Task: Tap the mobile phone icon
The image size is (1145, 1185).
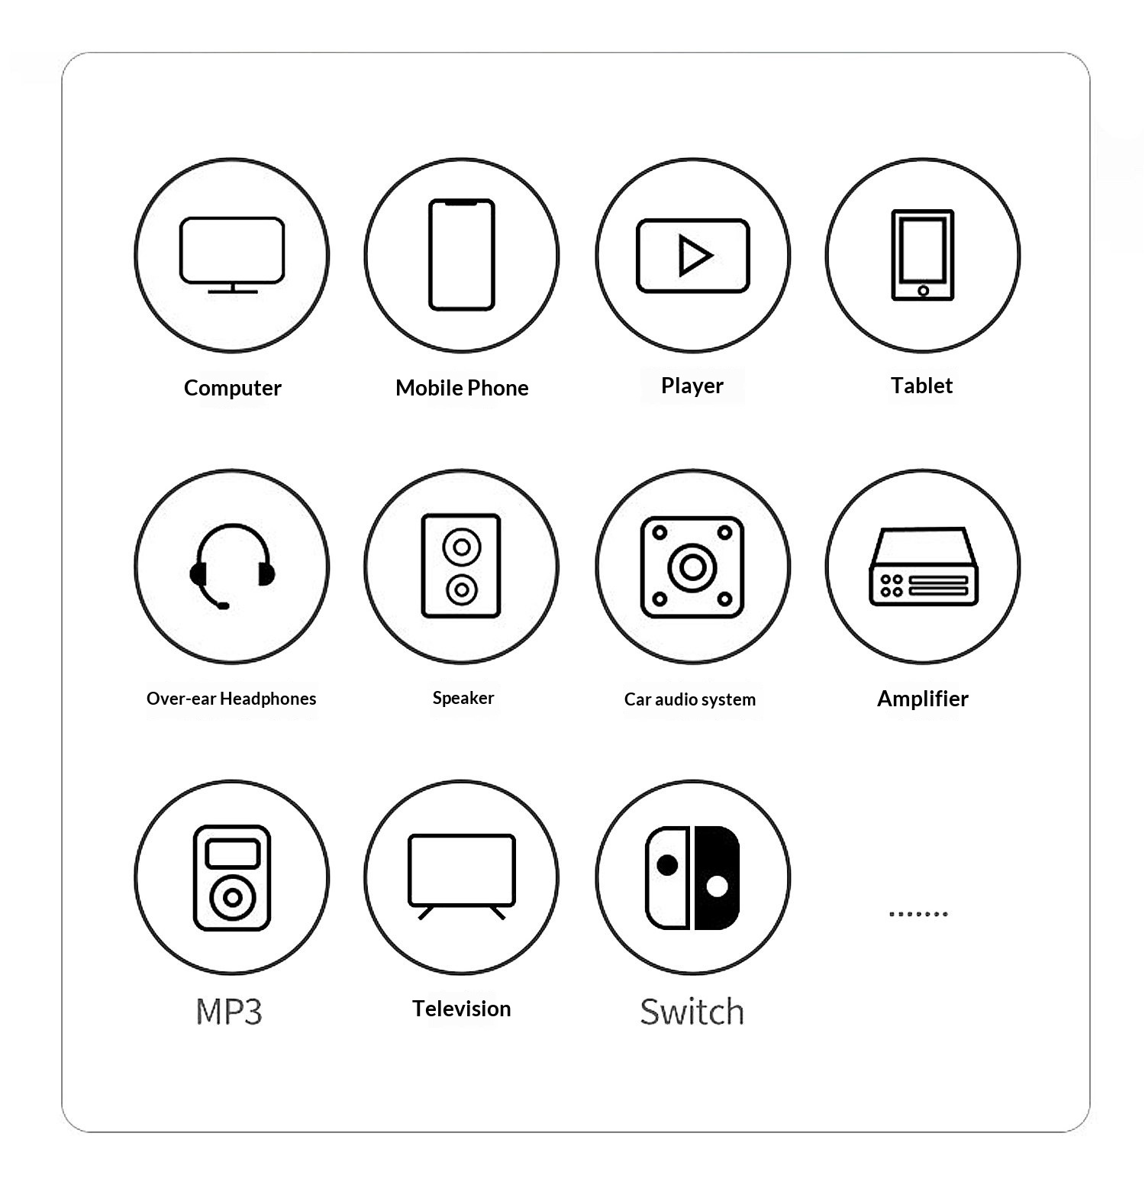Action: tap(462, 255)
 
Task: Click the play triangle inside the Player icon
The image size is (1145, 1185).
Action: tap(695, 255)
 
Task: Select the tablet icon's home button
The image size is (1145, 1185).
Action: tap(924, 290)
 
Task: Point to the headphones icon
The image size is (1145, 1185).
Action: tap(232, 566)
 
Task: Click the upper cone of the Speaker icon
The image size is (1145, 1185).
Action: tap(462, 547)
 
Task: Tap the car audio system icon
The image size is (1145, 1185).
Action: tap(692, 567)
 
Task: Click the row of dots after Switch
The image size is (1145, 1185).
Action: tap(918, 913)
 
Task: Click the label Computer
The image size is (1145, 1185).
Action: tap(233, 388)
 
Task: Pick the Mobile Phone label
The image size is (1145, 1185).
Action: tap(462, 388)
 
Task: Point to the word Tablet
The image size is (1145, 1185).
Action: tap(922, 386)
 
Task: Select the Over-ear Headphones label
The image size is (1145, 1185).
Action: tap(231, 699)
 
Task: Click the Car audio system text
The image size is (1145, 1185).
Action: tap(690, 699)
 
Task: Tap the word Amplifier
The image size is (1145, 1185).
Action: tap(923, 699)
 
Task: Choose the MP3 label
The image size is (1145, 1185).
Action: tap(229, 1012)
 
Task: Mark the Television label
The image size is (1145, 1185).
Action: tap(462, 1009)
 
